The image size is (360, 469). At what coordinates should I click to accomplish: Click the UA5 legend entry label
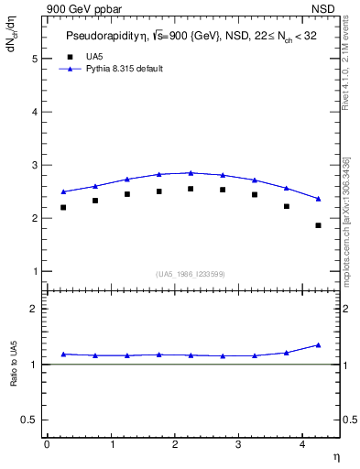pyautogui.click(x=94, y=56)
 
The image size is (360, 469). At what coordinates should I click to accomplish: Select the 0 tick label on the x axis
pyautogui.click(x=47, y=444)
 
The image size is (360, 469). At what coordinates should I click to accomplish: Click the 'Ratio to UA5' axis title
pyautogui.click(x=14, y=377)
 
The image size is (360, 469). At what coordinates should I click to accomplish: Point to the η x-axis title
pyautogui.click(x=335, y=455)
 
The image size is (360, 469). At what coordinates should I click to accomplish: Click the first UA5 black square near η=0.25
pyautogui.click(x=63, y=208)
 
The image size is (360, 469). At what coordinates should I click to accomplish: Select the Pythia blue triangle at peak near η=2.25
pyautogui.click(x=191, y=172)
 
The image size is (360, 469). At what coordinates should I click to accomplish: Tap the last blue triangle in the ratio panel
pyautogui.click(x=318, y=345)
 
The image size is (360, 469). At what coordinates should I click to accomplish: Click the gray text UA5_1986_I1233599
pyautogui.click(x=191, y=274)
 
